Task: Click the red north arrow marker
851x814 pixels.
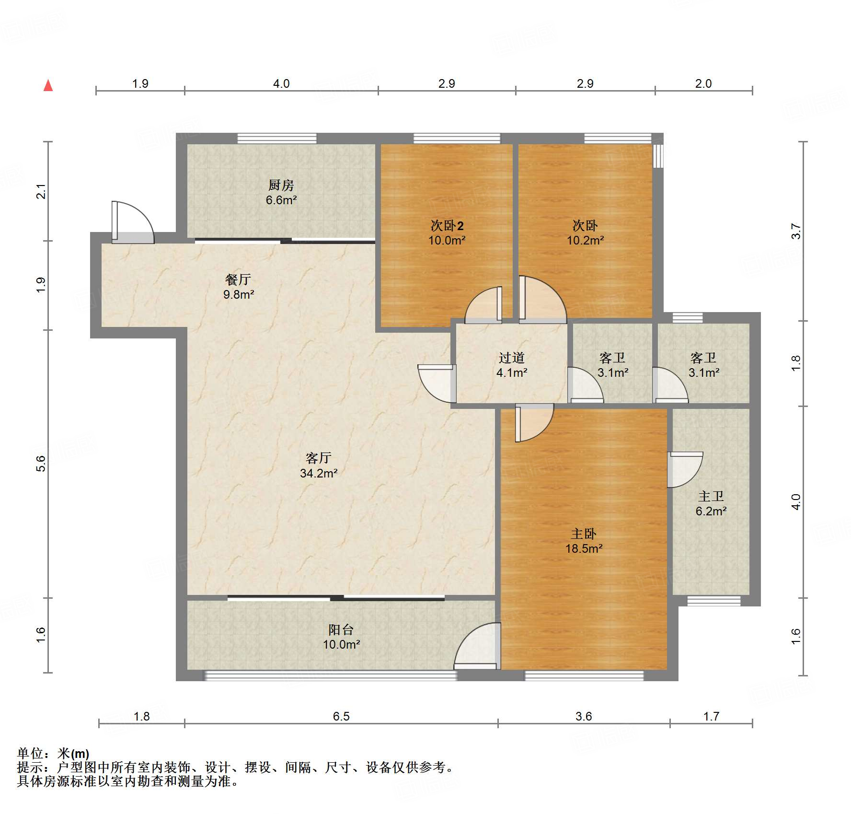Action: tap(48, 85)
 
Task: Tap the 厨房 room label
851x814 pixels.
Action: tap(281, 185)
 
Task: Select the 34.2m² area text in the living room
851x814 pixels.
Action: tap(319, 473)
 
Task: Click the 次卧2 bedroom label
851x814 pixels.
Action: tap(447, 225)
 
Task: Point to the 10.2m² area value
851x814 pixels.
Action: tap(585, 240)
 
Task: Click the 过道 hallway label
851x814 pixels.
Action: tap(511, 357)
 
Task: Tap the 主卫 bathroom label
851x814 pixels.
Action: tap(711, 496)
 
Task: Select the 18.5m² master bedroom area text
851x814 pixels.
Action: tap(584, 548)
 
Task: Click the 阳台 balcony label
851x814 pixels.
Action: tap(341, 629)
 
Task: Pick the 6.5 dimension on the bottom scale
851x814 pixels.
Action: tap(341, 716)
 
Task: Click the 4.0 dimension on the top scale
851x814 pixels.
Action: tap(281, 83)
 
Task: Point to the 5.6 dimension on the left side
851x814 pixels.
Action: tap(41, 464)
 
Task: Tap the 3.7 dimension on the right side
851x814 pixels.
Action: tap(796, 231)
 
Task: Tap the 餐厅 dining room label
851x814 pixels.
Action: tap(238, 279)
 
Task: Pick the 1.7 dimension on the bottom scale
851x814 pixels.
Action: tap(711, 716)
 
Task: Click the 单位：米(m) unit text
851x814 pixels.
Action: tap(53, 754)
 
